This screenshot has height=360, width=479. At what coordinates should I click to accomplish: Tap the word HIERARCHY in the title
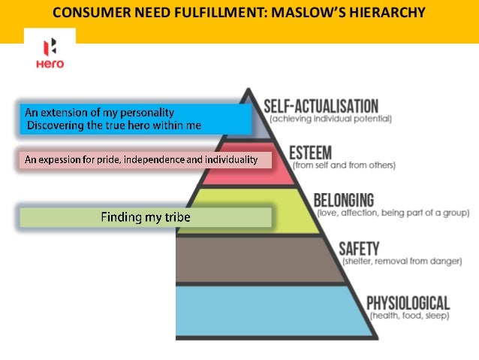pyautogui.click(x=389, y=13)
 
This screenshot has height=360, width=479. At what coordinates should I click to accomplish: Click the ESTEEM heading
pyautogui.click(x=311, y=152)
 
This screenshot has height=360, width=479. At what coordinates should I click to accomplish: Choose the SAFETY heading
pyautogui.click(x=359, y=248)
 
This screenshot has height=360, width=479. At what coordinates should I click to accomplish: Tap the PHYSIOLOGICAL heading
pyautogui.click(x=408, y=303)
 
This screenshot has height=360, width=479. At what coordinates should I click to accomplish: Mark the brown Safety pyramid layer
pyautogui.click(x=248, y=259)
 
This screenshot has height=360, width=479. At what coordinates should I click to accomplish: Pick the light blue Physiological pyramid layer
pyautogui.click(x=255, y=312)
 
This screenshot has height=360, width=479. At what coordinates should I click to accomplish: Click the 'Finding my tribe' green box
pyautogui.click(x=145, y=218)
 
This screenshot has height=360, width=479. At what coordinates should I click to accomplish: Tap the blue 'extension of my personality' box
pyautogui.click(x=135, y=119)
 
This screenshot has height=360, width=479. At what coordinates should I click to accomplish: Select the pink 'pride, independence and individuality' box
pyautogui.click(x=140, y=159)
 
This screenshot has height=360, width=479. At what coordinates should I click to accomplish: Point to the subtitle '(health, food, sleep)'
pyautogui.click(x=408, y=316)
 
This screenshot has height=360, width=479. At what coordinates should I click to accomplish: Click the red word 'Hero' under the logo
pyautogui.click(x=50, y=64)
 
